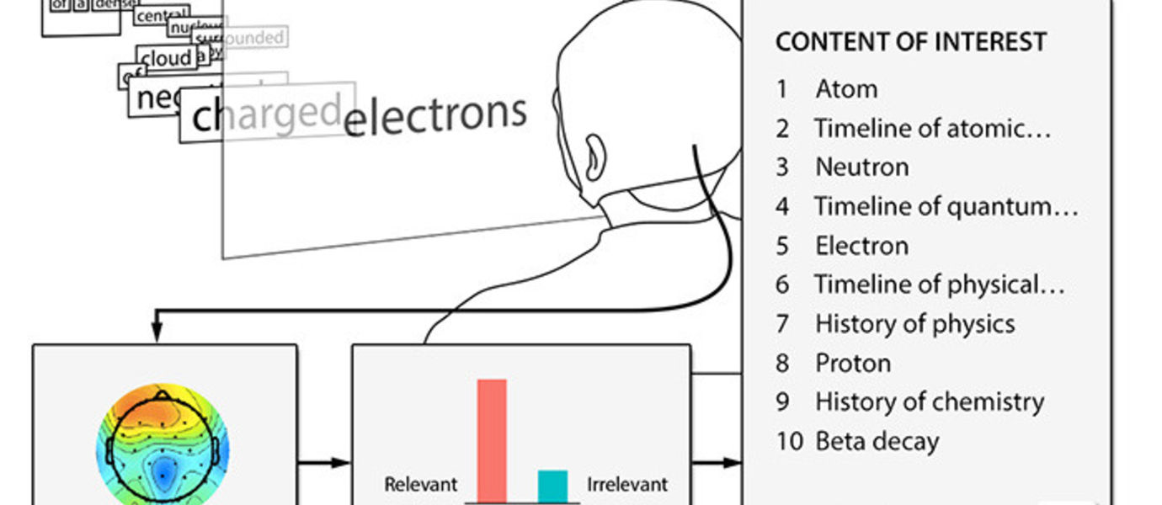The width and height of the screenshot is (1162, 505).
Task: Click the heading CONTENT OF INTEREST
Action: (x=910, y=42)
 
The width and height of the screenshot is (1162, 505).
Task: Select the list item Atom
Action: (x=846, y=89)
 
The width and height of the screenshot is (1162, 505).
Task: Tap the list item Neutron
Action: (x=861, y=167)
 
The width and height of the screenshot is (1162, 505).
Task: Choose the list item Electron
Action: (x=861, y=246)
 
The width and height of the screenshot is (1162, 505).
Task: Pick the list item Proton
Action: (x=852, y=363)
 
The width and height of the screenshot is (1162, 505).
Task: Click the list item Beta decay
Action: (x=877, y=441)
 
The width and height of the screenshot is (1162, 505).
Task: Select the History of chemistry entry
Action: (x=929, y=401)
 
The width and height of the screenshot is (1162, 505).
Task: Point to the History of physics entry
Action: (x=914, y=324)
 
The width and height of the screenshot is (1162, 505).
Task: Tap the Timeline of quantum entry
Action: (x=945, y=206)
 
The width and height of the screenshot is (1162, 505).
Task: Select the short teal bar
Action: (x=552, y=486)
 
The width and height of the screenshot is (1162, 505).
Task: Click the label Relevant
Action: (x=421, y=485)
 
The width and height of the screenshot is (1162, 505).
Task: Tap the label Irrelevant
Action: (x=626, y=485)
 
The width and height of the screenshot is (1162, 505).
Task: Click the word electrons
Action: (x=435, y=117)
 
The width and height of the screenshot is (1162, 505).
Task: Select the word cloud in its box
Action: (x=167, y=58)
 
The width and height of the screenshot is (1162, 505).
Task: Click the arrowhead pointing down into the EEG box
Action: (x=156, y=337)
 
